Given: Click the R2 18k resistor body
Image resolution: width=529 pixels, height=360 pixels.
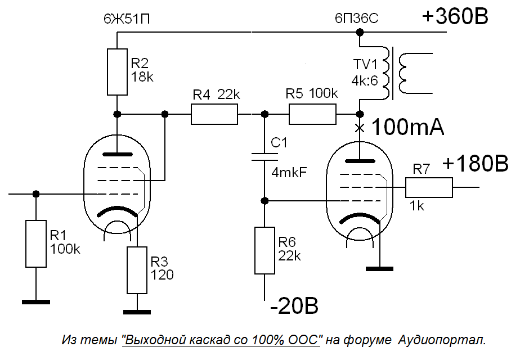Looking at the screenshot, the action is pos(118,72).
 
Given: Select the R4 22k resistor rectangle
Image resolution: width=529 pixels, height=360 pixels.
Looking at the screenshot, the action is pos(214,115).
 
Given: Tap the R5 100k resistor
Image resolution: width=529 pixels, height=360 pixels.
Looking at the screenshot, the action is pos(312,114).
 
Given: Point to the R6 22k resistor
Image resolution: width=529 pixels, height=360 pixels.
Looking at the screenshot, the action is pos(265,250).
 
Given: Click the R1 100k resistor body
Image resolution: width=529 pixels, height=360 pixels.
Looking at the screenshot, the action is pos(36,244).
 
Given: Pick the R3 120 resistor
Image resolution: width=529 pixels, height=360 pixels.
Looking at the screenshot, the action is pos(137,271).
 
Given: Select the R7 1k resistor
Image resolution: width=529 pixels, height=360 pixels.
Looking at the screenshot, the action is pos(429,187).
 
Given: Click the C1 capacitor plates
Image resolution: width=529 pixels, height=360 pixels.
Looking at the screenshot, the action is pos(265,156).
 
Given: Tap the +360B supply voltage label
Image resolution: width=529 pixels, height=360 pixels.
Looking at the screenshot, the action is pos(455,16).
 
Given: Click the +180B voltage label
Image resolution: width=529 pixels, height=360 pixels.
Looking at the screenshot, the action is pos(475,164).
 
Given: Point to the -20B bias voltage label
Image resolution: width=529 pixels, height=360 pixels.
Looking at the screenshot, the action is pos(294,306).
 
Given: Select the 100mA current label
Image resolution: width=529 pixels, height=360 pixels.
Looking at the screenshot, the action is pos(407,128).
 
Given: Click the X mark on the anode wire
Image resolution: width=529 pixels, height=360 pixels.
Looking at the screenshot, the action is pos(360,128).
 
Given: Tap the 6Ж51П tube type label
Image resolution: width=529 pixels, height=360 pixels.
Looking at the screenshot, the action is pos(127,19).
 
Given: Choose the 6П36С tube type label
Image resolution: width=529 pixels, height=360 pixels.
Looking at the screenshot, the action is pos(357,19).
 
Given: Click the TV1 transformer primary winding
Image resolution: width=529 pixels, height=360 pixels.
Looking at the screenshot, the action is pos(386,73).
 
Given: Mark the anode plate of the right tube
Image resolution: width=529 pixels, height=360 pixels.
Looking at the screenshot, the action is pos(360,161).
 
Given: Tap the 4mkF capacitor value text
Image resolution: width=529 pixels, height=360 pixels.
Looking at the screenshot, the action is pos(289,173).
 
